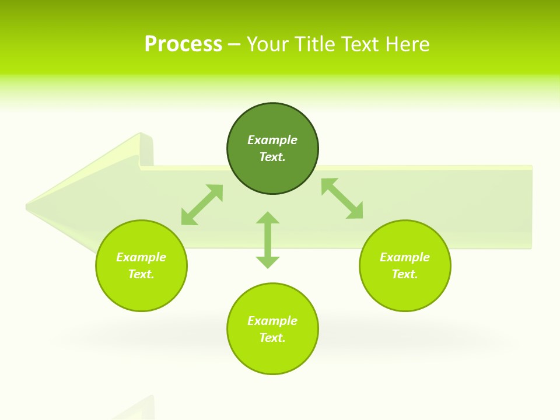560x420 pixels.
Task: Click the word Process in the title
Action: [183, 44]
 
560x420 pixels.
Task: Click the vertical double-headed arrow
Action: [268, 240]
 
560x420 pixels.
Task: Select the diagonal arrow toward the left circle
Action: [202, 205]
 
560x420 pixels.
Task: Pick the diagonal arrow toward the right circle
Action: [342, 198]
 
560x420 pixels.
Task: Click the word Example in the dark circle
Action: [272, 140]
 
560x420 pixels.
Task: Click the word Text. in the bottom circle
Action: [272, 338]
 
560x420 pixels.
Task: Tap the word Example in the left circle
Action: [141, 257]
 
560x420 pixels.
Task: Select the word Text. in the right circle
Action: [405, 274]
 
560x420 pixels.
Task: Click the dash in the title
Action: [234, 44]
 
